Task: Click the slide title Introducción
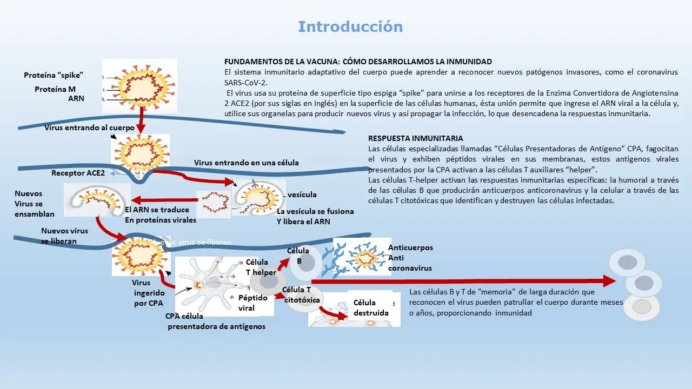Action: [x=350, y=26]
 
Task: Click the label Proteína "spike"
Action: [x=54, y=75]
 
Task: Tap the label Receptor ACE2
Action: [x=78, y=173]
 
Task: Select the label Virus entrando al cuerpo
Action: [x=89, y=128]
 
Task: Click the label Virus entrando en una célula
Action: [x=246, y=162]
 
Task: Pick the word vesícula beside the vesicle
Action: [x=302, y=194]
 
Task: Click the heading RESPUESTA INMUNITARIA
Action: [x=415, y=138]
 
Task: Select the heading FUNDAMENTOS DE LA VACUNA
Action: [x=358, y=62]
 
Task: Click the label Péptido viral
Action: [x=253, y=303]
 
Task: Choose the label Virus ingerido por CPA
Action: [x=148, y=293]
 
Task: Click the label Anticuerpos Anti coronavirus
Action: [x=410, y=258]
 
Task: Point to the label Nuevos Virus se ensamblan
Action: [x=35, y=204]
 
